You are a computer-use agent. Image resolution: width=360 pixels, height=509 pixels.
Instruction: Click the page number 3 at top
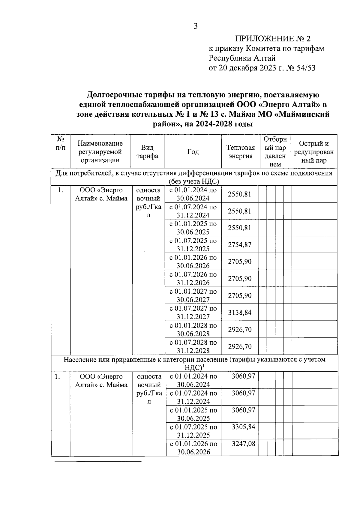pyautogui.click(x=196, y=26)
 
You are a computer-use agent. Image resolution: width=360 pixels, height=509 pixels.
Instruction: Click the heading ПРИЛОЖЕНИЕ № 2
pyautogui.click(x=273, y=39)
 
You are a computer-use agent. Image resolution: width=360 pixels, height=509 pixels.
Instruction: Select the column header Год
pyautogui.click(x=193, y=152)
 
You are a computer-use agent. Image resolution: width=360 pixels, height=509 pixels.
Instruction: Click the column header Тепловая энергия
pyautogui.click(x=241, y=152)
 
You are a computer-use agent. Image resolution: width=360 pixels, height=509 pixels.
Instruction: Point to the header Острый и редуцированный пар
pyautogui.click(x=314, y=152)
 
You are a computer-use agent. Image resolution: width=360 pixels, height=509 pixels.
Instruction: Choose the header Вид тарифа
pyautogui.click(x=147, y=152)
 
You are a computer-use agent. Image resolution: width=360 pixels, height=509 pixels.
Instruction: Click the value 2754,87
pyautogui.click(x=239, y=245)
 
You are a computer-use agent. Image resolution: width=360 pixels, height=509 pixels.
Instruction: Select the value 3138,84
pyautogui.click(x=239, y=313)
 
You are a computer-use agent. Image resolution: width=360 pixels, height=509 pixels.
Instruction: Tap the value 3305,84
pyautogui.click(x=243, y=427)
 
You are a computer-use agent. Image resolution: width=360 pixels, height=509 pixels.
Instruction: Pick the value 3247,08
pyautogui.click(x=243, y=444)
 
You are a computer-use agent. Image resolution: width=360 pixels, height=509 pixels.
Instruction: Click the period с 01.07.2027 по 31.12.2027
pyautogui.click(x=193, y=313)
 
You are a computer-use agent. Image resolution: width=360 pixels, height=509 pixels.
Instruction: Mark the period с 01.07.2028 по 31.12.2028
pyautogui.click(x=193, y=346)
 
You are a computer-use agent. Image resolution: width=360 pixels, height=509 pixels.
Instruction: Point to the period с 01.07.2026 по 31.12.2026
pyautogui.click(x=193, y=279)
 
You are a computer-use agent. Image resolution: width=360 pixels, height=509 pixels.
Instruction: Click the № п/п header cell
pyautogui.click(x=61, y=143)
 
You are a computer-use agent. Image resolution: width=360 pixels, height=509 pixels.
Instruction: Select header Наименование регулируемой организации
pyautogui.click(x=100, y=152)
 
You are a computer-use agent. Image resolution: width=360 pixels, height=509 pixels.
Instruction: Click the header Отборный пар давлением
pyautogui.click(x=275, y=152)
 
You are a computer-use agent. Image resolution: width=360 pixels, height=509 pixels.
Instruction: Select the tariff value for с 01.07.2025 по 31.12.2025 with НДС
pyautogui.click(x=243, y=427)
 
